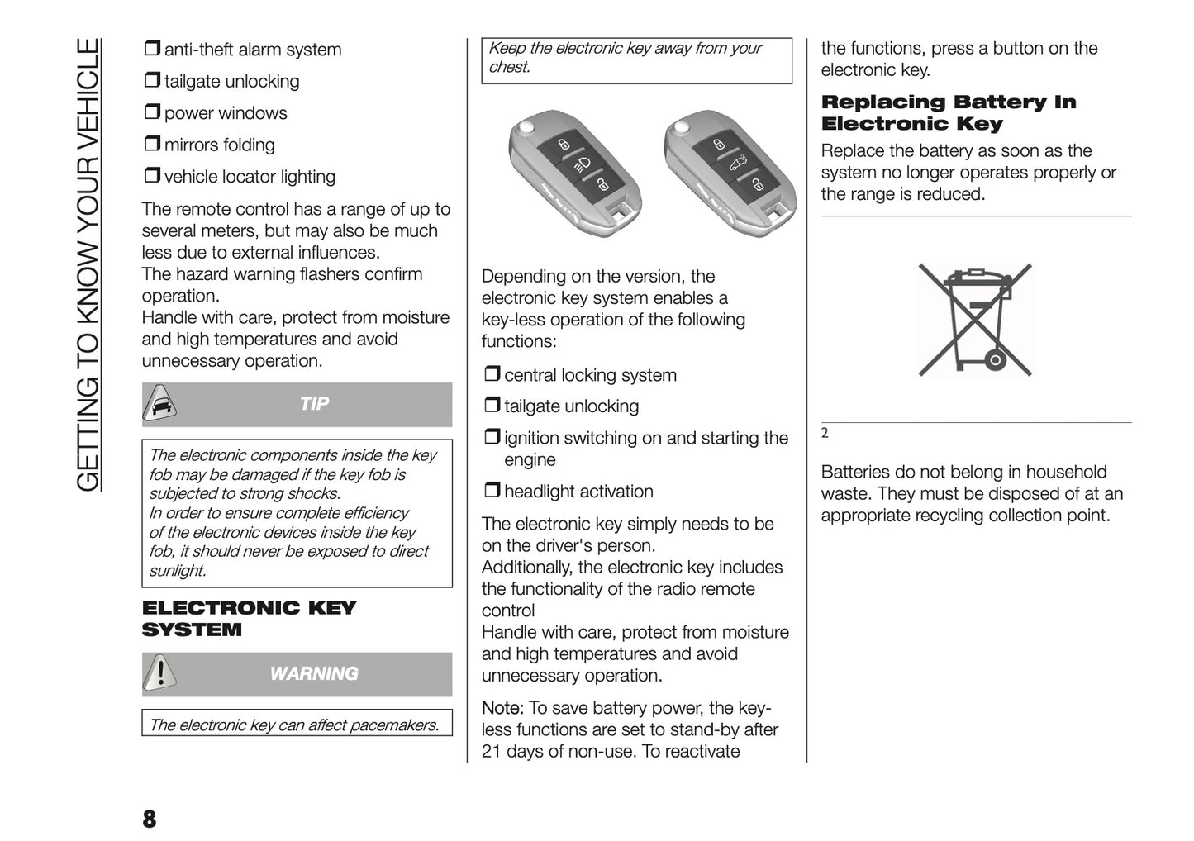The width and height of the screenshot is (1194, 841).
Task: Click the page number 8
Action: (149, 819)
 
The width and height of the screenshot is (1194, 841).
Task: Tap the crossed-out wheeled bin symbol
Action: (975, 320)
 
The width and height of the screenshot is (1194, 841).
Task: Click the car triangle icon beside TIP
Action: (159, 404)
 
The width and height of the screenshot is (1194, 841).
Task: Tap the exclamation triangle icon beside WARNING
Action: (159, 673)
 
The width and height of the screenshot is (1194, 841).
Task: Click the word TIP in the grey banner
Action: (314, 404)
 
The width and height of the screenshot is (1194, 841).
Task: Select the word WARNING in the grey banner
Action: (314, 674)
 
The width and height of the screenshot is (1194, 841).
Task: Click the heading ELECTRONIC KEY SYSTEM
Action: (248, 619)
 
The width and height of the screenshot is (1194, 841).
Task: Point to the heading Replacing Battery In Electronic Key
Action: (948, 113)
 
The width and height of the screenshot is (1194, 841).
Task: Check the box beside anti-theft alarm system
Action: (151, 49)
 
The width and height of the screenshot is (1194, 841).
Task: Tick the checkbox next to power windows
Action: (151, 112)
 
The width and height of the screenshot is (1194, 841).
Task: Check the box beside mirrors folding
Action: (151, 144)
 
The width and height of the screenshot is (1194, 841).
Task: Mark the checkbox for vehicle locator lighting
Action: (151, 175)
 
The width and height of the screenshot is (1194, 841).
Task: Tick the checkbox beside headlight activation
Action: (492, 491)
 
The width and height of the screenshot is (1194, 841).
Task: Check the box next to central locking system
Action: (492, 374)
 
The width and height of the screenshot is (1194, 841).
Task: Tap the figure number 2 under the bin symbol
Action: (825, 433)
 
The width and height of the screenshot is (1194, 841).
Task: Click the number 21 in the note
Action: (492, 751)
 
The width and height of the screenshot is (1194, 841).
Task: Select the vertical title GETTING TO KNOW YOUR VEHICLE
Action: (88, 264)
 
